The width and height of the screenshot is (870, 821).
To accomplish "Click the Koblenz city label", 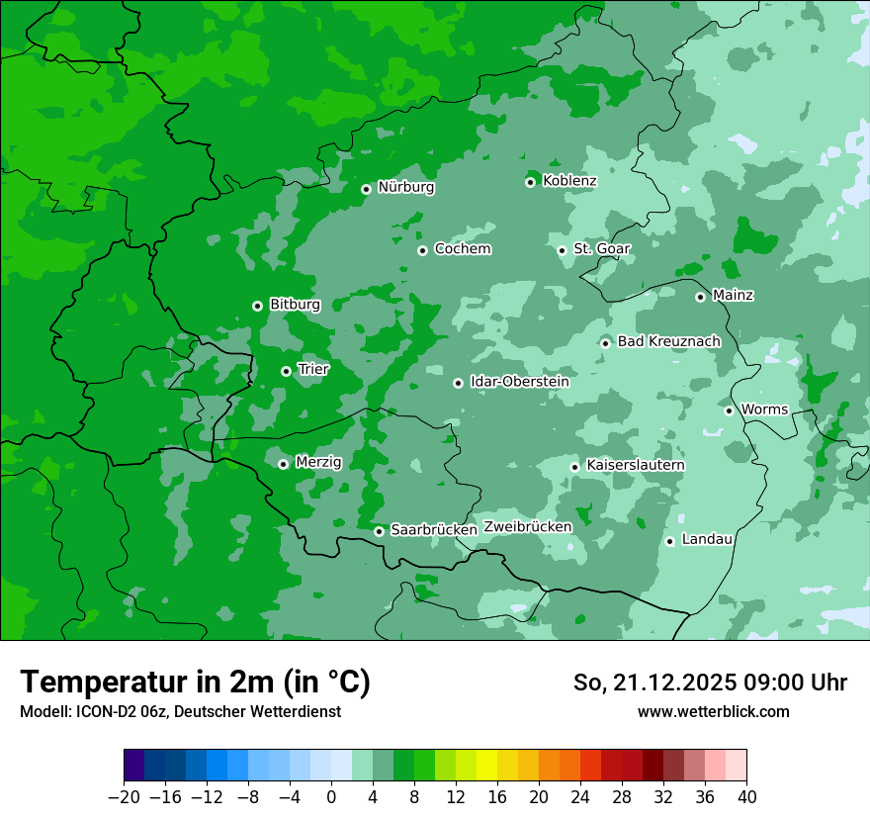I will click(x=569, y=181).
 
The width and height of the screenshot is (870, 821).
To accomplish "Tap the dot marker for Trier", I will click(x=286, y=371).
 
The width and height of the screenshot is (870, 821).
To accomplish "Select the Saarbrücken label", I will click(x=434, y=530).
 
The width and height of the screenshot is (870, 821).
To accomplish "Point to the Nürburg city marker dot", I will click(x=366, y=189).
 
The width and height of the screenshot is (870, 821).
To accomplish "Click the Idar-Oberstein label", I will click(x=519, y=382).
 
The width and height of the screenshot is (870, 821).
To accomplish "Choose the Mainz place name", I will click(x=733, y=296).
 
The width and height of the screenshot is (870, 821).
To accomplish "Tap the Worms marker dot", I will click(x=729, y=410).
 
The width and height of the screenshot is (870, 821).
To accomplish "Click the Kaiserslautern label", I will click(x=636, y=466).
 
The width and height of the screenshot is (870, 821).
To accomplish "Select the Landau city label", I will click(x=707, y=540).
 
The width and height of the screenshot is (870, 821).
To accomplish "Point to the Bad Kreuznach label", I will click(x=668, y=342).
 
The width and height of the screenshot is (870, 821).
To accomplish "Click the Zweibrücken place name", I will click(x=527, y=527).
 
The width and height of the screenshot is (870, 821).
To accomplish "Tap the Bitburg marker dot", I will click(x=257, y=306).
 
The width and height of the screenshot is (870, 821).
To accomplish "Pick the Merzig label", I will click(x=318, y=463).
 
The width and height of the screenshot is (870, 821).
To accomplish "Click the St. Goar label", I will click(x=601, y=249).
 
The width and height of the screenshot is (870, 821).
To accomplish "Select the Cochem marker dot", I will click(x=422, y=250).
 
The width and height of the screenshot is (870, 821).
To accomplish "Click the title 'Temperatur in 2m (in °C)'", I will click(x=195, y=683).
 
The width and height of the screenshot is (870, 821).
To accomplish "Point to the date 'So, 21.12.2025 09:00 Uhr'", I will click(x=710, y=683).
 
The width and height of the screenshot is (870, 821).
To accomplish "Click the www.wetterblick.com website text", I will click(x=713, y=712).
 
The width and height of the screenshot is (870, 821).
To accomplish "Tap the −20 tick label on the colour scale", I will click(x=124, y=797).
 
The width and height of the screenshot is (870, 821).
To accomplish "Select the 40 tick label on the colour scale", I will click(x=746, y=797).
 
